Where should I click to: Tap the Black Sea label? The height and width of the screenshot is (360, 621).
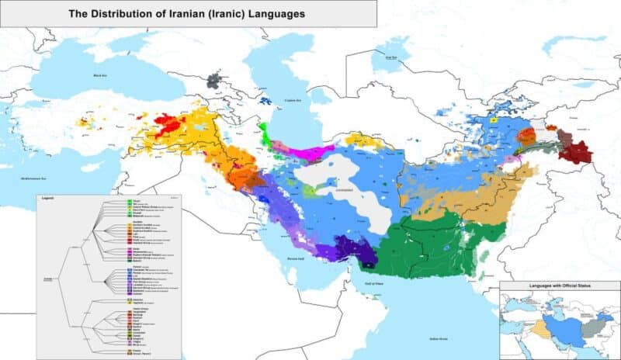click(98, 76)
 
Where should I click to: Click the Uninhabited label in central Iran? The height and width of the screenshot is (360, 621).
click(343, 187)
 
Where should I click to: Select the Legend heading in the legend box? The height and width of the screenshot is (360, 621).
click(47, 197)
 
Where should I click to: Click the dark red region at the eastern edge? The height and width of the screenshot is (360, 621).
click(576, 151)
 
